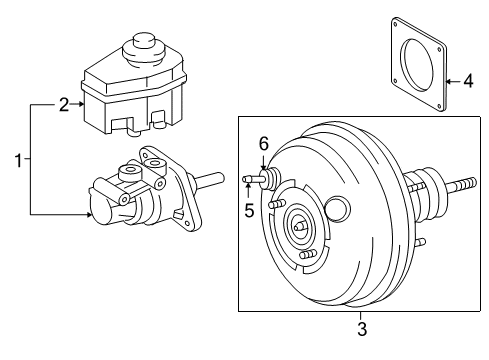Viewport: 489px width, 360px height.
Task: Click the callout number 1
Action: tap(18, 160)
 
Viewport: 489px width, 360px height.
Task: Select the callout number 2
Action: tap(64, 105)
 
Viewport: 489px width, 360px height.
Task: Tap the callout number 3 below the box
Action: tap(362, 329)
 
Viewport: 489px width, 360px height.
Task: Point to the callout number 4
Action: tap(468, 81)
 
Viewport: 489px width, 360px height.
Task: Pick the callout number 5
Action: tap(249, 210)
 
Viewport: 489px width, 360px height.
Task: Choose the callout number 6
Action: tap(264, 144)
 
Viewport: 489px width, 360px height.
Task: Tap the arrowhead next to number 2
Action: tap(81, 104)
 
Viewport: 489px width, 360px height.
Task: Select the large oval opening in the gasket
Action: tap(418, 64)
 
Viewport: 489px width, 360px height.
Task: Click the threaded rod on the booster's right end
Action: tap(461, 185)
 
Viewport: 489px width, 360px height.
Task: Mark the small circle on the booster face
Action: tap(337, 209)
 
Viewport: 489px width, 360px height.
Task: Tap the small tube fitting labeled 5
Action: tap(253, 179)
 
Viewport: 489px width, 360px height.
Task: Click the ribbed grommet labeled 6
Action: tap(271, 179)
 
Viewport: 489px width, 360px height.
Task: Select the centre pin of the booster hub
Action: tap(299, 226)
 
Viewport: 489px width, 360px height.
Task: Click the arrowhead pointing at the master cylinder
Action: tap(89, 214)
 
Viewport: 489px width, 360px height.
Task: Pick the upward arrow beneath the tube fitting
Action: tap(248, 191)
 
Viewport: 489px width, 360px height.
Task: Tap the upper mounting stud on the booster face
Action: tap(276, 203)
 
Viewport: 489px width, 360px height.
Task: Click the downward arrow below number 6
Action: tap(263, 162)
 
